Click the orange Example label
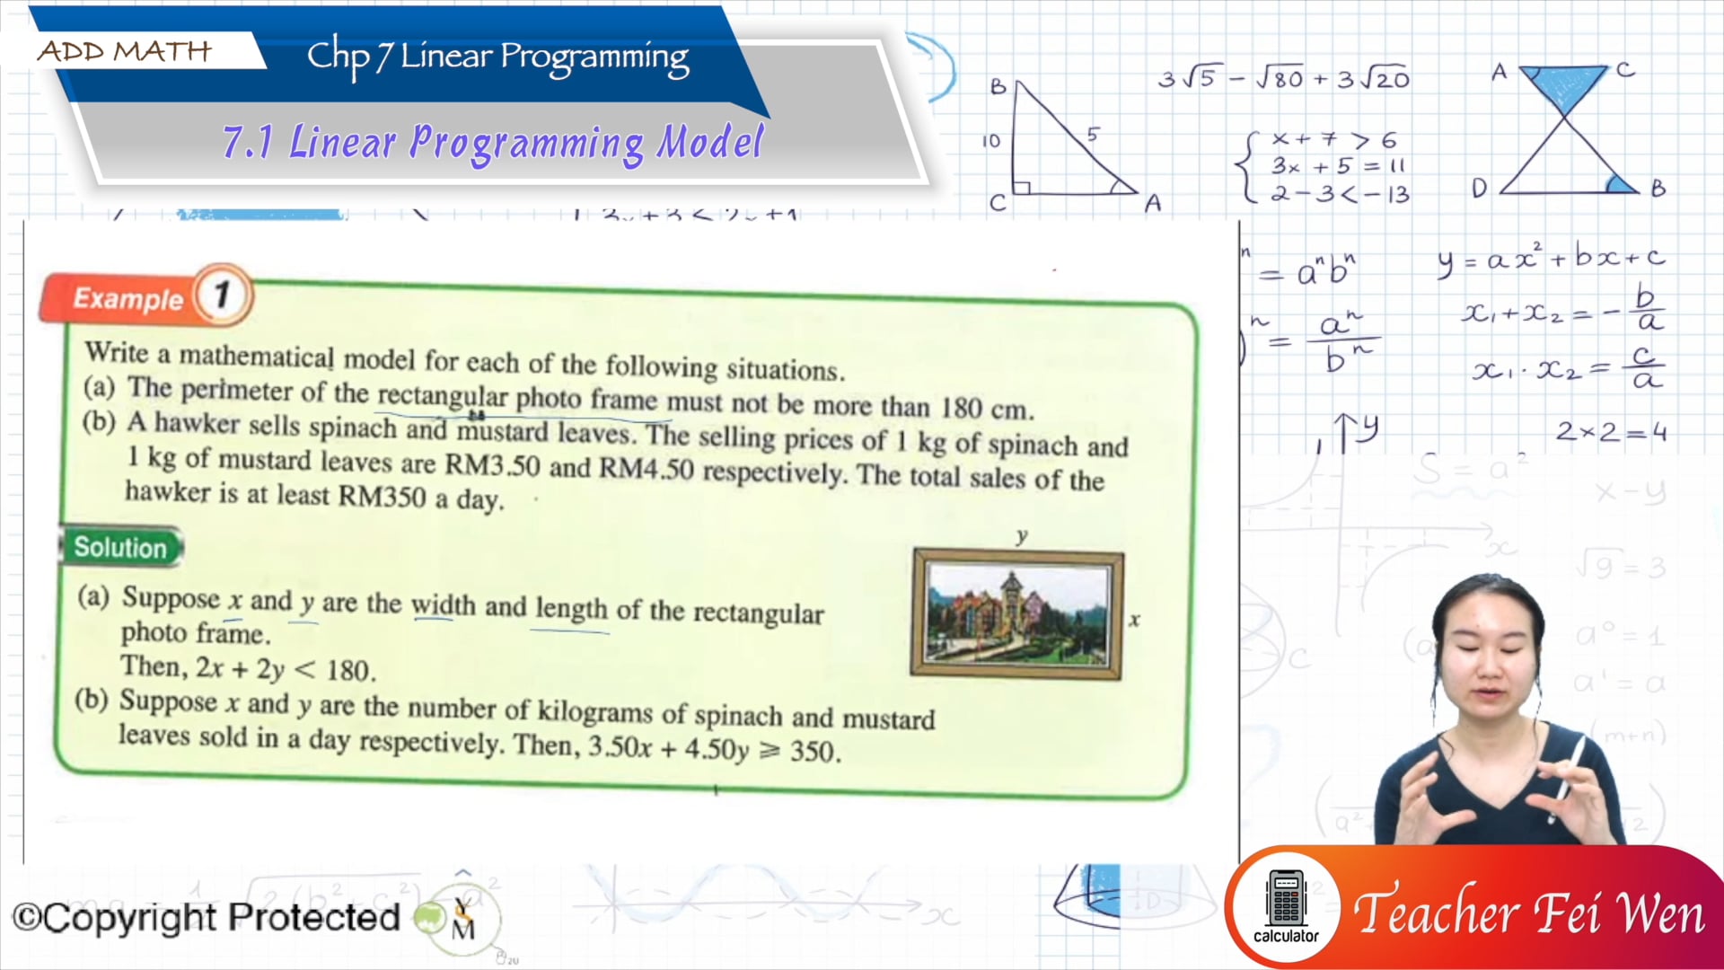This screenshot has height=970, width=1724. point(128,298)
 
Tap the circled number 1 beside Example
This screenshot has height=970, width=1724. point(222,294)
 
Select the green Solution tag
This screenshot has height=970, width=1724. point(120,547)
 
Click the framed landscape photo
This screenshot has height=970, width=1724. point(1017,613)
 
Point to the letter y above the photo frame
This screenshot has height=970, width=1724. point(1021,536)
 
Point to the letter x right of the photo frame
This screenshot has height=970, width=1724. point(1134,619)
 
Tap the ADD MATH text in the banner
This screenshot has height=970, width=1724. point(125,51)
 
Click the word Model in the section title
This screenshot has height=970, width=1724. point(710,142)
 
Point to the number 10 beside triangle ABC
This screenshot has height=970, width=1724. point(990,141)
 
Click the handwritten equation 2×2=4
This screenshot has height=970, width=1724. point(1610,432)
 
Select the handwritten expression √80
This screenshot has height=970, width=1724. point(1280,79)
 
